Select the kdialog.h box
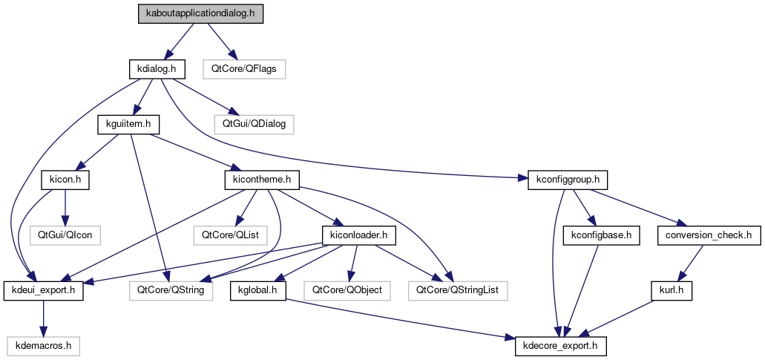tap(156, 69)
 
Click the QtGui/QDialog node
tap(254, 124)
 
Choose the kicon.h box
tap(65, 180)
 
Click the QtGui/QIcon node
tap(65, 235)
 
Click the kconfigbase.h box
tap(601, 235)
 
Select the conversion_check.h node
tap(709, 235)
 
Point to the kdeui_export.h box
tap(44, 290)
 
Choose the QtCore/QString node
tap(171, 290)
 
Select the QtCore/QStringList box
tap(457, 290)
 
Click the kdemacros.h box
tap(44, 345)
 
